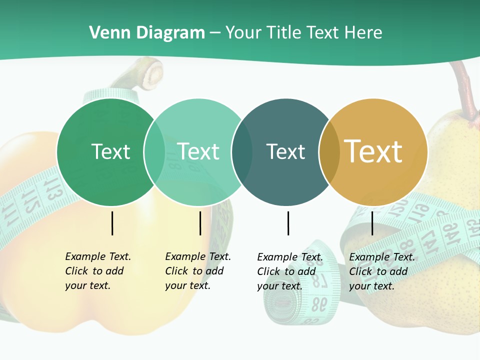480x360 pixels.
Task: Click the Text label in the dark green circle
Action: [x=110, y=151]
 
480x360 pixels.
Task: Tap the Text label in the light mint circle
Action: [x=198, y=151]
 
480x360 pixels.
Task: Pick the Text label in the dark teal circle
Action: [x=285, y=151]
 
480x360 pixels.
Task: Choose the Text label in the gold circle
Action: [x=373, y=151]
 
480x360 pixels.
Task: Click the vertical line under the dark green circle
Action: [x=112, y=223]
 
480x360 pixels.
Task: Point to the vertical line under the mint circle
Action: [x=200, y=223]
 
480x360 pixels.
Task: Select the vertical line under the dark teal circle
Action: [x=288, y=223]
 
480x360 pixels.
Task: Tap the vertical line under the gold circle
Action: [x=372, y=223]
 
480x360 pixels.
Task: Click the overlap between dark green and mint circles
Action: [x=154, y=152]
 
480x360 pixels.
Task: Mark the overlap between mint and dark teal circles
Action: [x=242, y=152]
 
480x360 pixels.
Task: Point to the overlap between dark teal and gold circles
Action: [x=329, y=152]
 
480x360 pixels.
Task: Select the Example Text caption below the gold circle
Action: [x=381, y=271]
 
